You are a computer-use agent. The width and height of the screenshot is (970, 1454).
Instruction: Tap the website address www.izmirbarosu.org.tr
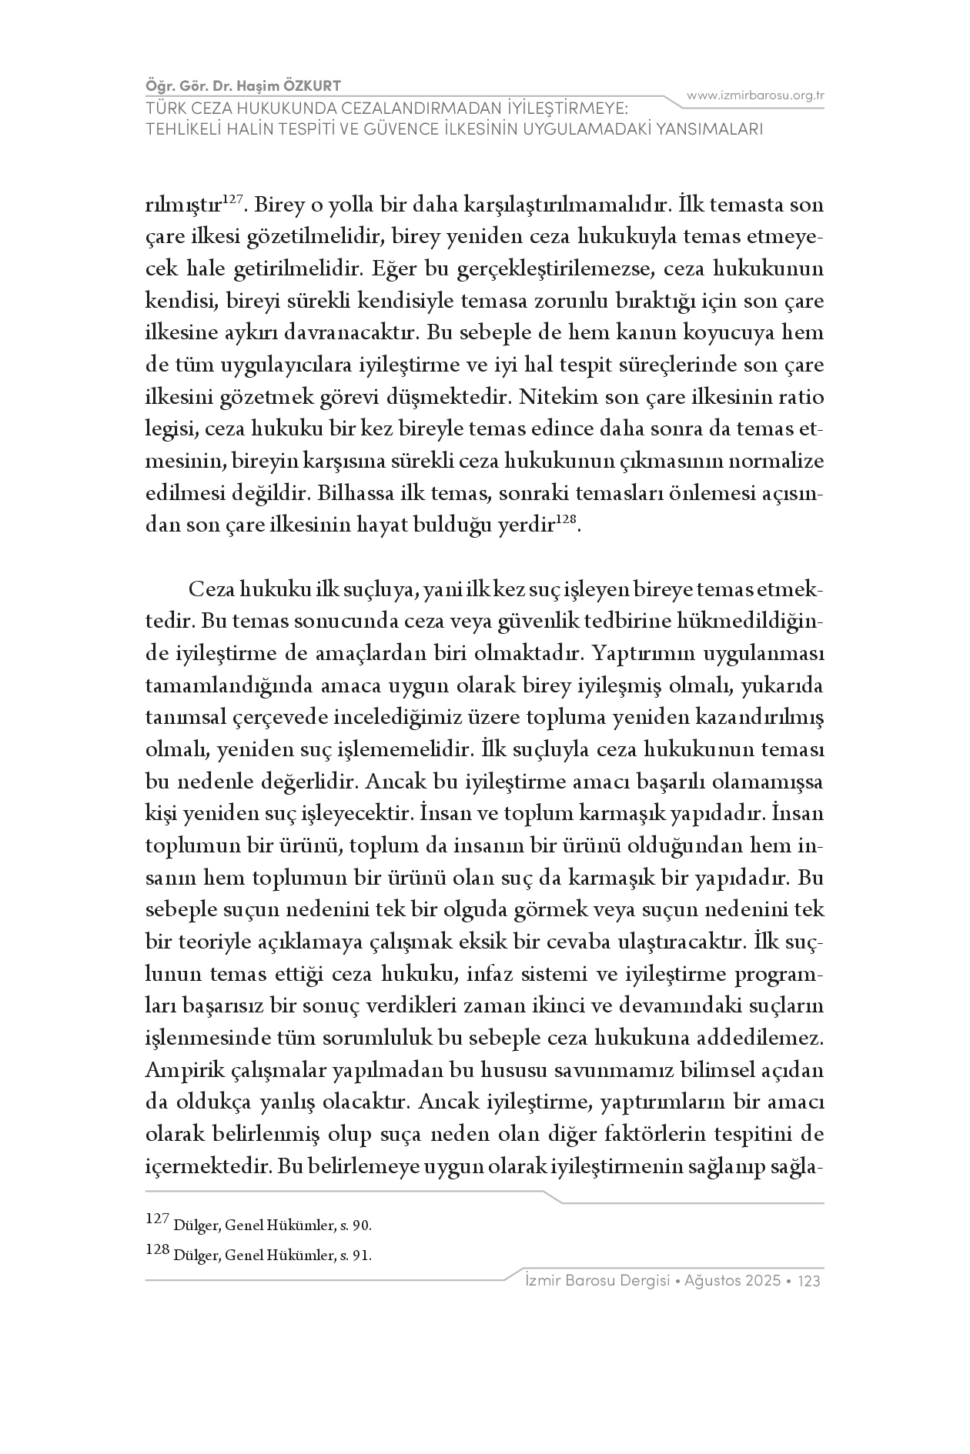tap(755, 95)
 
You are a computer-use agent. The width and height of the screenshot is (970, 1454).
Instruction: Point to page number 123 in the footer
tap(810, 1282)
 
